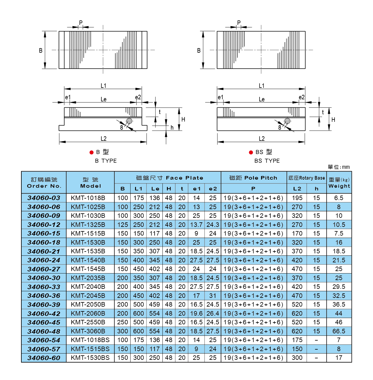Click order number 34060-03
pos(44,198)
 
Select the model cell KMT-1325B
pos(88,224)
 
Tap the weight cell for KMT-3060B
pos(339,331)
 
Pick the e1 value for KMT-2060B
pos(196,313)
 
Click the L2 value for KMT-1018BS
pos(297,340)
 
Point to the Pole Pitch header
pos(253,178)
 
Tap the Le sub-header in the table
pos(155,189)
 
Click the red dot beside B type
pos(91,152)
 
